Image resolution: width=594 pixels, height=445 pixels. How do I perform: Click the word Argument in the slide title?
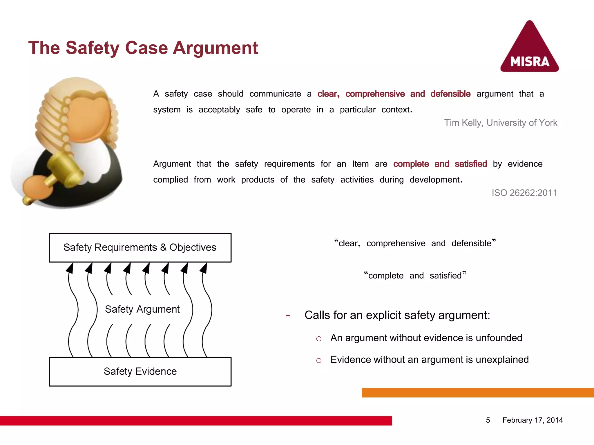pyautogui.click(x=215, y=48)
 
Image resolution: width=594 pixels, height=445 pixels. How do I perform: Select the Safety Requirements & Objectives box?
pyautogui.click(x=140, y=248)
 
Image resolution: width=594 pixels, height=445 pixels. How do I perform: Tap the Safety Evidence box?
pyautogui.click(x=140, y=371)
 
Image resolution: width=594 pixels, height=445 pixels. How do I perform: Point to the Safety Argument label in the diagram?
pyautogui.click(x=142, y=309)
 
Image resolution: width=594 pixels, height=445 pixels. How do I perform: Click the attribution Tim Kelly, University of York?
pyautogui.click(x=501, y=123)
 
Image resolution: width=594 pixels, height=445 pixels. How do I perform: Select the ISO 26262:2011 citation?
pyautogui.click(x=524, y=193)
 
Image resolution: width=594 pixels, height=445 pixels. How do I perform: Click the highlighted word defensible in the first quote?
pyautogui.click(x=450, y=94)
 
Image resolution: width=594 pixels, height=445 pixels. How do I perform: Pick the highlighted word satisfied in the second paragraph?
pyautogui.click(x=470, y=164)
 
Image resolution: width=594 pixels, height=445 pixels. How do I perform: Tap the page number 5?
pyautogui.click(x=488, y=420)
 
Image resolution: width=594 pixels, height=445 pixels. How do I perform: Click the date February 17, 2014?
pyautogui.click(x=533, y=420)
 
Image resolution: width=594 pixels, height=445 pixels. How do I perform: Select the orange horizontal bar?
pyautogui.click(x=477, y=393)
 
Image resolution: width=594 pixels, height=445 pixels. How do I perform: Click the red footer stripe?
pyautogui.click(x=196, y=421)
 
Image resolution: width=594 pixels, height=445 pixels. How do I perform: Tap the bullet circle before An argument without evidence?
pyautogui.click(x=319, y=339)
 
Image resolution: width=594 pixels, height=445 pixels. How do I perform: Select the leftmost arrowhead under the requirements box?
pyautogui.click(x=70, y=268)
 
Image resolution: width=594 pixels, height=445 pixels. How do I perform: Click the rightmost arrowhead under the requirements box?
pyautogui.click(x=204, y=268)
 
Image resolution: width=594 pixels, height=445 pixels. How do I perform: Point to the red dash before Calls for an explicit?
pyautogui.click(x=288, y=315)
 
